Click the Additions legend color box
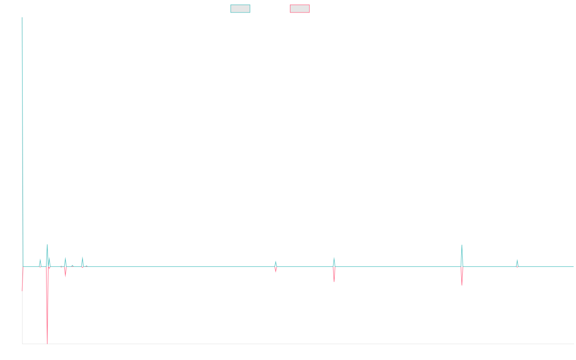[240, 9]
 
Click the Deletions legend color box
[300, 9]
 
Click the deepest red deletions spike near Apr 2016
[47, 342]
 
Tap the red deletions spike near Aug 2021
[334, 281]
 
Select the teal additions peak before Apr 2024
[462, 246]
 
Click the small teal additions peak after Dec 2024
[517, 260]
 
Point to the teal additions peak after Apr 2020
[276, 262]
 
